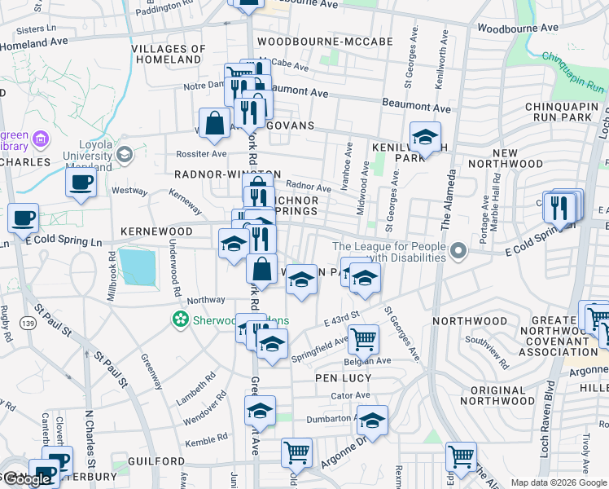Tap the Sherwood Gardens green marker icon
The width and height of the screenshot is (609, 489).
181,320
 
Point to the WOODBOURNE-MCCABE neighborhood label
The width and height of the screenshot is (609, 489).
324,41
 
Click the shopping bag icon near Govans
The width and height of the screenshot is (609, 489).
214,125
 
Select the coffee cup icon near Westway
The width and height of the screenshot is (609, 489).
81,183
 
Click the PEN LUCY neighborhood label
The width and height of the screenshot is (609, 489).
344,379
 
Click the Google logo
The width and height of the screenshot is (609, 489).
26,479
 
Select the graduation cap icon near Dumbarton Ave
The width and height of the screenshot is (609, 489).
372,421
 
